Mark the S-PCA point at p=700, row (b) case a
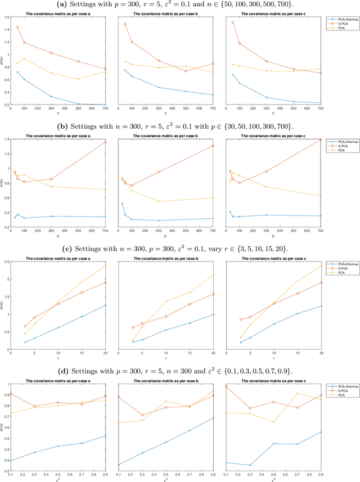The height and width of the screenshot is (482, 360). (x=105, y=142)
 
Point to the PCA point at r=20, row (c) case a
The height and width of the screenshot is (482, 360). (x=105, y=266)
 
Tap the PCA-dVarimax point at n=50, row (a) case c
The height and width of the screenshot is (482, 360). (x=233, y=74)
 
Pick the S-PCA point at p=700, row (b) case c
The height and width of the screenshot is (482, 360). (x=321, y=139)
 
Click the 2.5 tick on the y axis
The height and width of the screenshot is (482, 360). (x=6, y=262)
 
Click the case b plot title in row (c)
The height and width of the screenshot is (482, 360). (x=165, y=258)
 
